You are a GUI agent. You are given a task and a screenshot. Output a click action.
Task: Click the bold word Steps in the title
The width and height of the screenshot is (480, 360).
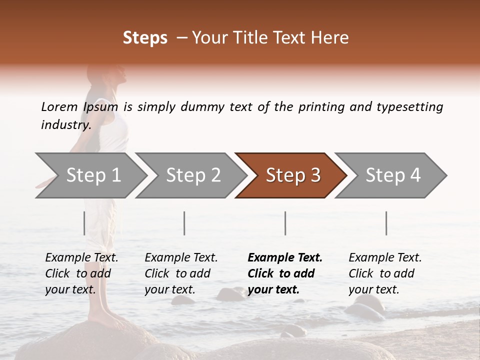tap(145, 38)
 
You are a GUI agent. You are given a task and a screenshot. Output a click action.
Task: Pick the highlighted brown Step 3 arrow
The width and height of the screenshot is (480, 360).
tap(292, 175)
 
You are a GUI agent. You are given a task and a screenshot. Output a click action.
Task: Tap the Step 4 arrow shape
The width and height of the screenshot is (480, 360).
tap(392, 175)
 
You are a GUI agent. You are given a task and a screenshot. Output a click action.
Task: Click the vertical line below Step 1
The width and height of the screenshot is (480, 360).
tap(84, 223)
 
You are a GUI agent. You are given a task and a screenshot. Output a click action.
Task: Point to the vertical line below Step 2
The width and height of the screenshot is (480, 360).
tap(184, 223)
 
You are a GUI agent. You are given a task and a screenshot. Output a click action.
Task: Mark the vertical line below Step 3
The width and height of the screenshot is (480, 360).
tap(285, 223)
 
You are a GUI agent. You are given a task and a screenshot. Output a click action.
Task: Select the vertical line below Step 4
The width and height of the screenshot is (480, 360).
tap(386, 223)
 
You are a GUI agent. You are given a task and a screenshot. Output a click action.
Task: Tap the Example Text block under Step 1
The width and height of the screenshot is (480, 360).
tap(81, 273)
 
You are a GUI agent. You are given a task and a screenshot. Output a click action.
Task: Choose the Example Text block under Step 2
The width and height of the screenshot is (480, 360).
tap(181, 273)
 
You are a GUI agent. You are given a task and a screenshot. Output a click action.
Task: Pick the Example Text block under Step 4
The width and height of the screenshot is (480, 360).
tap(385, 273)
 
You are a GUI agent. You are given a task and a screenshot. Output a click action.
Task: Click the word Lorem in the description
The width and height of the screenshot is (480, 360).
tap(59, 106)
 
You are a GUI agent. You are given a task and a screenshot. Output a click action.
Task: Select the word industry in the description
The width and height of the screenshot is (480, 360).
tap(65, 125)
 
